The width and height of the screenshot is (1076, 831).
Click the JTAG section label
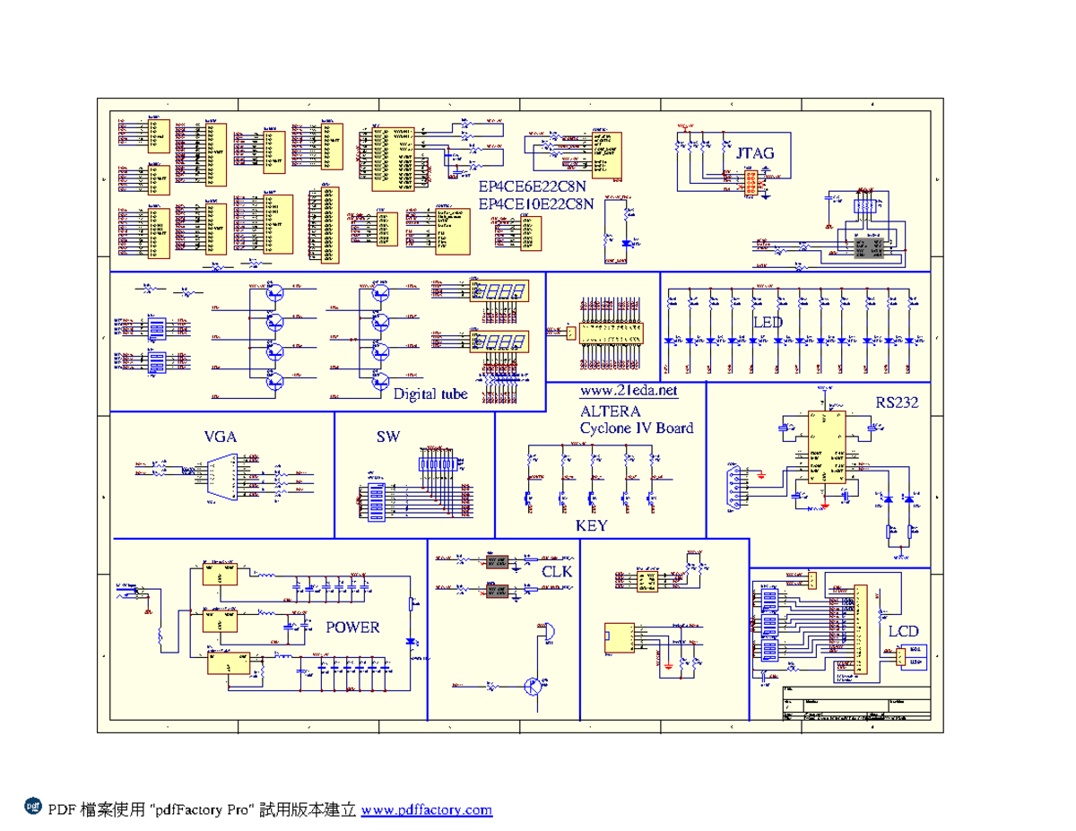pyautogui.click(x=754, y=153)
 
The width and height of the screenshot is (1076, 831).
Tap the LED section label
pyautogui.click(x=768, y=323)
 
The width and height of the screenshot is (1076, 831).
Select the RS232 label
pyautogui.click(x=897, y=403)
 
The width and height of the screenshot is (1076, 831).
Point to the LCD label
pyautogui.click(x=903, y=631)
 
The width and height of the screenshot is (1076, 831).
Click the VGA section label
pyautogui.click(x=221, y=437)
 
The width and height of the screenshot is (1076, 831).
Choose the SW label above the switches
pyautogui.click(x=388, y=437)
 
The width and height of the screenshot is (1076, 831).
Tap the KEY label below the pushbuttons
pyautogui.click(x=591, y=525)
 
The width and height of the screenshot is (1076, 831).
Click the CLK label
pyautogui.click(x=557, y=570)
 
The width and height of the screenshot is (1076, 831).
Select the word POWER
pyautogui.click(x=352, y=627)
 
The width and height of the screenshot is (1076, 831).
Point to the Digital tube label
pyautogui.click(x=431, y=393)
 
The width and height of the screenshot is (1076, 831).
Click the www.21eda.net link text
pyautogui.click(x=629, y=392)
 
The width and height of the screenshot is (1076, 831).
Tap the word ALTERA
pyautogui.click(x=611, y=411)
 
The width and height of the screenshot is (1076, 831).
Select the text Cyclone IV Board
pyautogui.click(x=637, y=428)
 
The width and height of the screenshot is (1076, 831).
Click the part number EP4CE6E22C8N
pyautogui.click(x=532, y=188)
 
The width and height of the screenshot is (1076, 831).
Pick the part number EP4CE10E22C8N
pyautogui.click(x=536, y=204)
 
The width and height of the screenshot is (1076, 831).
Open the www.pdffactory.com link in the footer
pyautogui.click(x=427, y=810)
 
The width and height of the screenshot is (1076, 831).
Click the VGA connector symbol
pyautogui.click(x=221, y=477)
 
